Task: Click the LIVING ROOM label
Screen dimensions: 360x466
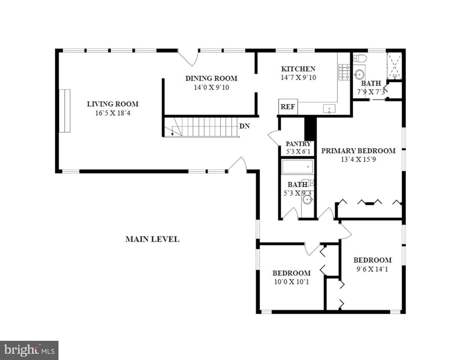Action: (112, 104)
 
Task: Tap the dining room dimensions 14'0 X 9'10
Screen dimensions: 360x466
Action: (211, 87)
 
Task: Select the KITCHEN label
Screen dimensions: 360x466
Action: (298, 69)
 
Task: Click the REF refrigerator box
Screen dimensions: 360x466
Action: (287, 106)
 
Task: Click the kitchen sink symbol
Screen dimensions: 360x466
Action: (329, 109)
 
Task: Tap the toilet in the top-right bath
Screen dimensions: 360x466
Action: (360, 59)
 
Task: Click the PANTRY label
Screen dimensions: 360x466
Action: (298, 144)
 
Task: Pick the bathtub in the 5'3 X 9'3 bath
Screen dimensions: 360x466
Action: (297, 167)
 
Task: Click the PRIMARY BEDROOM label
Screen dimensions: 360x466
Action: (358, 151)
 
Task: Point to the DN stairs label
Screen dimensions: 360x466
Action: (244, 126)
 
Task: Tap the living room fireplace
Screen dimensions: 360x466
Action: (64, 110)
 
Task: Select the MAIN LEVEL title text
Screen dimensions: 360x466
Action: (152, 239)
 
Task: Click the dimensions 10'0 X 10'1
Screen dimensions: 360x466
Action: (291, 282)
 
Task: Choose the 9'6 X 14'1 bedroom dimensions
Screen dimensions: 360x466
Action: (372, 269)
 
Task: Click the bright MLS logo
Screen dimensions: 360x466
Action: (29, 350)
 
